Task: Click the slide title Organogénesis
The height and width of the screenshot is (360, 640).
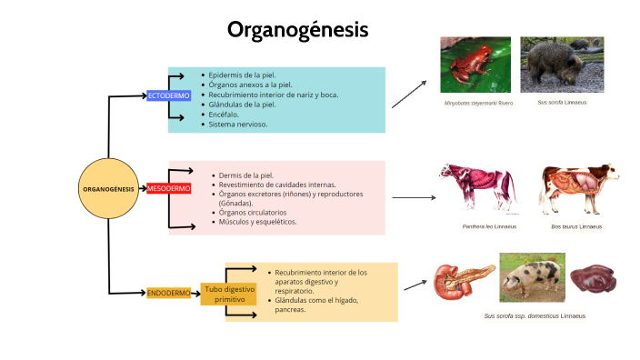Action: [x=297, y=30]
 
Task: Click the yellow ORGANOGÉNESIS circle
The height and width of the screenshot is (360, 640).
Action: [x=108, y=189]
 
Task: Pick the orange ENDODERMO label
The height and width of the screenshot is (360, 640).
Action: [x=168, y=293]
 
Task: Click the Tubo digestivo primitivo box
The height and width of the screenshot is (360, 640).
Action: [x=224, y=293]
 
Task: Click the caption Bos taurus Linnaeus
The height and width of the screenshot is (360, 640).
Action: [x=576, y=226]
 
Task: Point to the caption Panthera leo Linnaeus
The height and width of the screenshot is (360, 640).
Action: [x=489, y=226]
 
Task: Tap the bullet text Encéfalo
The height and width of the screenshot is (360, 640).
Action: [x=223, y=115]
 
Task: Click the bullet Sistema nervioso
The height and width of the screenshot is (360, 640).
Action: [x=237, y=125]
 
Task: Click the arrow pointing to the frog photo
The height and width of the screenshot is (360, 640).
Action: [x=409, y=94]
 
